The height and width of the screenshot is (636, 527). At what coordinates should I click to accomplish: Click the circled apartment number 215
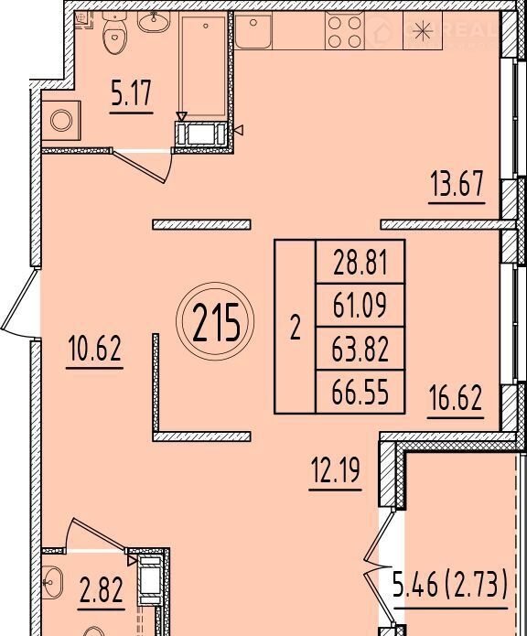point(215,321)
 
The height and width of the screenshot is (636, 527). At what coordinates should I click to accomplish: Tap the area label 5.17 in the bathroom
point(132,93)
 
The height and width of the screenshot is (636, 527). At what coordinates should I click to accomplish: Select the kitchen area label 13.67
point(457,184)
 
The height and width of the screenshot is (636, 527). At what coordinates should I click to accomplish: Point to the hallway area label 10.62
point(95,350)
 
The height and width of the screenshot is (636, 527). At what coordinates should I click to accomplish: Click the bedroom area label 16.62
point(456,398)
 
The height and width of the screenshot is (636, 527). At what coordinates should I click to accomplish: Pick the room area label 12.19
point(335,471)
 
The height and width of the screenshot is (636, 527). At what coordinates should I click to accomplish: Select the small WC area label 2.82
point(102,590)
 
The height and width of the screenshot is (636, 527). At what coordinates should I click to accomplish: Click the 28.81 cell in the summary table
point(360,263)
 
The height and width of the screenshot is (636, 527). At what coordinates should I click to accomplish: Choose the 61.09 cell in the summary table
point(360,305)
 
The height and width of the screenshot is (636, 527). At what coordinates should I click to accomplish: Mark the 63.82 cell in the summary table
point(360,349)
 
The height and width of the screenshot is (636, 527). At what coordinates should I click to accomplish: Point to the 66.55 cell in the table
point(360,392)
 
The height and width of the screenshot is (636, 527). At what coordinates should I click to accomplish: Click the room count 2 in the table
point(296,328)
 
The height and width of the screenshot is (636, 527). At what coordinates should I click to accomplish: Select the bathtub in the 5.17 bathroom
point(203,66)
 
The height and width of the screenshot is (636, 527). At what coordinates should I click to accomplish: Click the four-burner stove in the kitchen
point(345,31)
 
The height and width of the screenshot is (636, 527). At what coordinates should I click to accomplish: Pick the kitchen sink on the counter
point(253,30)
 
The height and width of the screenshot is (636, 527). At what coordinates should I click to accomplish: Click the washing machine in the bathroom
point(61,121)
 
